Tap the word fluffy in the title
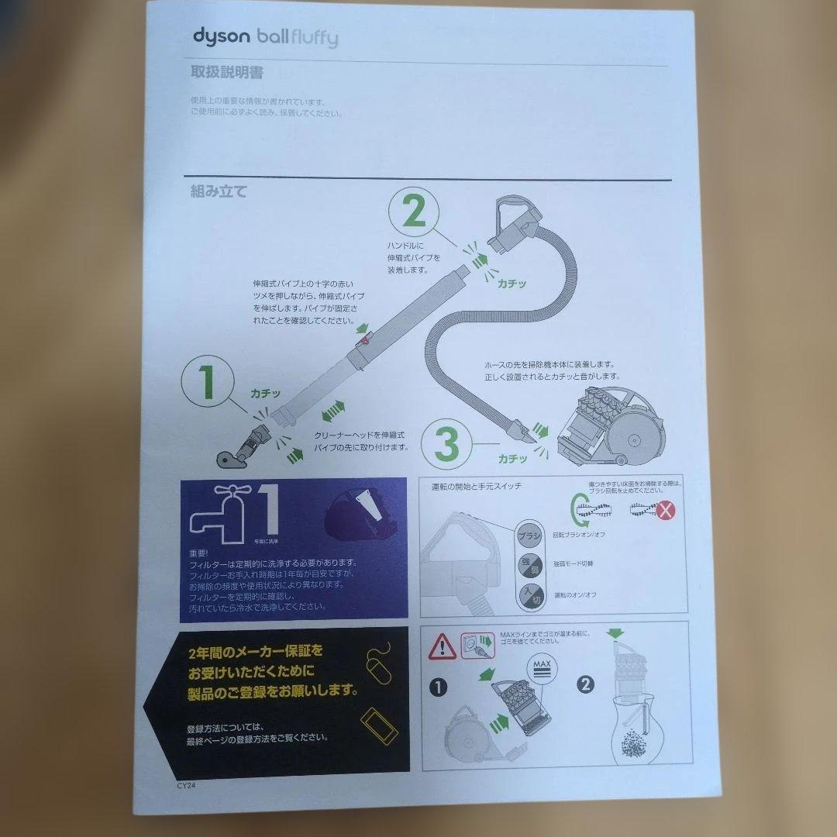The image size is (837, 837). click(x=312, y=37)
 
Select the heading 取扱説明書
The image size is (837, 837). click(x=226, y=73)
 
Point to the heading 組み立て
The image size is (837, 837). click(x=219, y=191)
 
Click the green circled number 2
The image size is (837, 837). click(x=414, y=212)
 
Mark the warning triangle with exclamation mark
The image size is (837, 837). click(x=442, y=645)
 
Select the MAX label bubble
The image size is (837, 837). click(x=542, y=668)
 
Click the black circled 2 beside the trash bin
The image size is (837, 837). click(x=586, y=684)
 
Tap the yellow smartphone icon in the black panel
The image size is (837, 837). click(x=379, y=725)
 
